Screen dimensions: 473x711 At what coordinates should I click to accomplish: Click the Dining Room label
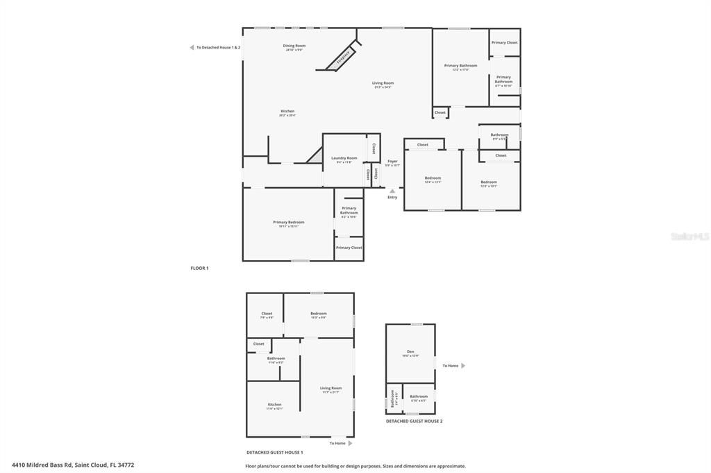coord(294,46)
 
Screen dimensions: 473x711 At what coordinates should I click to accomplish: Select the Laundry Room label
coord(344,158)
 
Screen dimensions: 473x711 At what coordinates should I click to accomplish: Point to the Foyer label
coord(392,161)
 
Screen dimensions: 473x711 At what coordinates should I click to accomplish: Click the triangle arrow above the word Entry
coord(392,191)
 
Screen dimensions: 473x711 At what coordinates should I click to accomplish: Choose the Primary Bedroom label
coord(288,222)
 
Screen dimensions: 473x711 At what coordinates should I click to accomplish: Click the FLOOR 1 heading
coord(199,268)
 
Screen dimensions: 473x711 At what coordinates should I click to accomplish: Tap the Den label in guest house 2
coord(410,352)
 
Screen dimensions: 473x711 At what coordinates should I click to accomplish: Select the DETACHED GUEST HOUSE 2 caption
coord(414,421)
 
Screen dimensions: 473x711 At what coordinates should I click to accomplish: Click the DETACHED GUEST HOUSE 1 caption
coord(274,452)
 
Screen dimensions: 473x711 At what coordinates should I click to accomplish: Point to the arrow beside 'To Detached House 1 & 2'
coord(192,48)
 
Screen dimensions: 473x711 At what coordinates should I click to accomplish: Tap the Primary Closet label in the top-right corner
coord(504,42)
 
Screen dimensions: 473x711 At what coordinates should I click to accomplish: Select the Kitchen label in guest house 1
coord(275,404)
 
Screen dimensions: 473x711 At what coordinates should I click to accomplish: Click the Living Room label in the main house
coord(383,83)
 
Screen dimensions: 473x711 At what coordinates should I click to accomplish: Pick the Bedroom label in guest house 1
coord(318,313)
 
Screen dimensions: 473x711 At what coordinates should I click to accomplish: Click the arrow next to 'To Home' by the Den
coord(463,365)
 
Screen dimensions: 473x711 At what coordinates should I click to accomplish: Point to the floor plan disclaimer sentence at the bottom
coord(355,466)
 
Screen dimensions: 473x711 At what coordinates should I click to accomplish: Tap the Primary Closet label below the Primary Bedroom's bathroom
coord(349,248)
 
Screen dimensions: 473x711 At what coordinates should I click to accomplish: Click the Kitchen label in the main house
coord(287,111)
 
